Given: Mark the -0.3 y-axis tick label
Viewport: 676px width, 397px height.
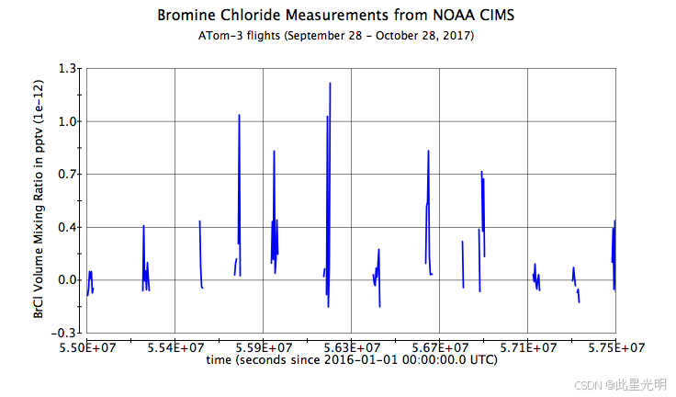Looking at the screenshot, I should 66,333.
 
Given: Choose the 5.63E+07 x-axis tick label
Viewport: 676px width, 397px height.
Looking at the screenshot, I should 352,347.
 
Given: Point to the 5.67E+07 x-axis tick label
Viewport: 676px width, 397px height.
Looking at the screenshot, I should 440,347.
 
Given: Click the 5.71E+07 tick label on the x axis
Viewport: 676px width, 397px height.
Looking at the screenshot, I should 528,347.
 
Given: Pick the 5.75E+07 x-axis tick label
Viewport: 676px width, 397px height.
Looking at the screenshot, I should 615,347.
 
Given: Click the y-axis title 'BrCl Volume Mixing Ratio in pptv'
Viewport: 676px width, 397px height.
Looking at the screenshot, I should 39,199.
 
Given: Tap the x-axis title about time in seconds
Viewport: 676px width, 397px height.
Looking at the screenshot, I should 352,360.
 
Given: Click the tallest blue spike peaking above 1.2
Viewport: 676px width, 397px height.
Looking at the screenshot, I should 330,85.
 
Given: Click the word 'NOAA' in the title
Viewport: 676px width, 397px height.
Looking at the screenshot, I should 446,16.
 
